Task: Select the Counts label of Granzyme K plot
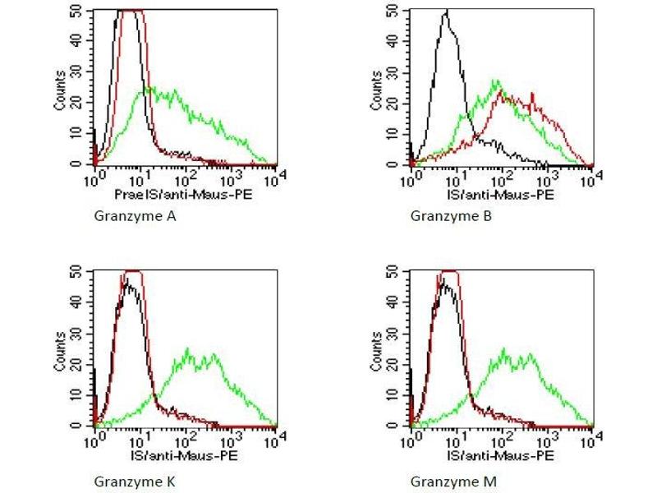(x=60, y=349)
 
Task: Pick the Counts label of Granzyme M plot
(x=374, y=349)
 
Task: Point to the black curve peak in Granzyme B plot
(x=445, y=11)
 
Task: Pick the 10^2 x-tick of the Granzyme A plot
(x=185, y=175)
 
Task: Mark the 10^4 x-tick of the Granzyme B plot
(x=590, y=175)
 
